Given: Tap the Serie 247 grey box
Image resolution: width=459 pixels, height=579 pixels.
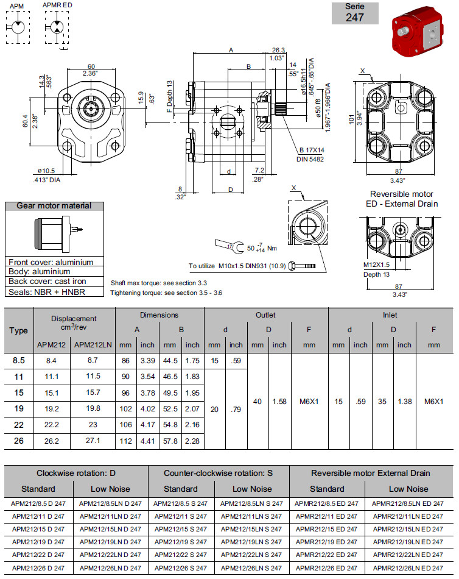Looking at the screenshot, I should point(355,13).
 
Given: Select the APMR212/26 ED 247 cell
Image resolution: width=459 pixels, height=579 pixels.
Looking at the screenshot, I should point(327,567).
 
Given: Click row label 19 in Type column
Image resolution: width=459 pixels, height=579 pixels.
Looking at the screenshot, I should point(19,408).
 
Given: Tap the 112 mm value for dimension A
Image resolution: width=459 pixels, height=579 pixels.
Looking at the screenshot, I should point(126,440).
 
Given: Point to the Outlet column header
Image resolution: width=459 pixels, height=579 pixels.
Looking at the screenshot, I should point(265,315).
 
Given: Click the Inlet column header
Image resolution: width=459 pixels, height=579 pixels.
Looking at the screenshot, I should point(389,315).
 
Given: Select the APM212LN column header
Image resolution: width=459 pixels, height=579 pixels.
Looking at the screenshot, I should point(93,344).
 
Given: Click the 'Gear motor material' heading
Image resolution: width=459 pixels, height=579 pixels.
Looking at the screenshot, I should point(54,206).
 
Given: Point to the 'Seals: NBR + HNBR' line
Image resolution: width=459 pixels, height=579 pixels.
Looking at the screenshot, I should point(46,291).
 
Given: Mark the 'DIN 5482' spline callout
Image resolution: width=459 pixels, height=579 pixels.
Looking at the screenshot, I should point(310,158).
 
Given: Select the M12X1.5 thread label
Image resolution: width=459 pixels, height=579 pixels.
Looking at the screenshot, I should point(376,265).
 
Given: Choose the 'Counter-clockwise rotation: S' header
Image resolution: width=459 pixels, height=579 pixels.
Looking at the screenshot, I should point(219,473).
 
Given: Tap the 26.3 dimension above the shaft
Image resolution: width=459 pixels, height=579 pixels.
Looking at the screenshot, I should point(279,50).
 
